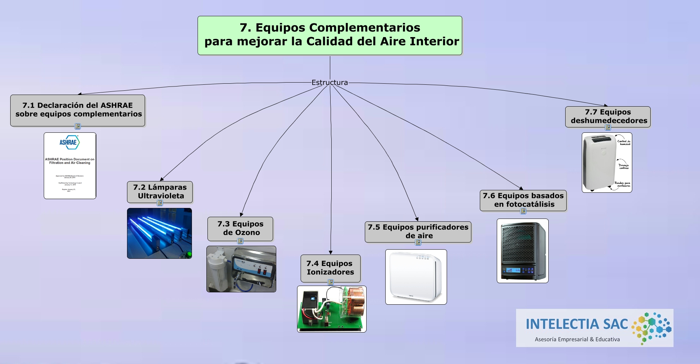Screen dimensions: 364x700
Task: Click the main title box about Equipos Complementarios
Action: click(330, 35)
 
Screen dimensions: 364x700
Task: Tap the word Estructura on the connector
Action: click(330, 83)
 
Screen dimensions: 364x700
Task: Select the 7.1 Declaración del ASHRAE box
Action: click(78, 110)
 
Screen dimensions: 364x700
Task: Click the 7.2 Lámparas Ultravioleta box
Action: click(160, 192)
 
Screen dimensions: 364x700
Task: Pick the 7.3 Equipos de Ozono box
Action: click(240, 228)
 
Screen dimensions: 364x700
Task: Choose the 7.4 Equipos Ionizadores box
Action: click(330, 268)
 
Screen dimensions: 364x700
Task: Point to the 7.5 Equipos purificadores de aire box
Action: click(418, 232)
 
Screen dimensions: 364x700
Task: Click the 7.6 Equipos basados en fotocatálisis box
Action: click(523, 200)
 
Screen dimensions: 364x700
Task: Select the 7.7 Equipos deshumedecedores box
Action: click(608, 117)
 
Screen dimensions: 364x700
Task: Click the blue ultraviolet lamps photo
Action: click(159, 233)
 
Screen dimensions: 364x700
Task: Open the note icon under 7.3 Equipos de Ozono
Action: click(240, 241)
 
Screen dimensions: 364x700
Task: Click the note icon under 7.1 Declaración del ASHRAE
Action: click(78, 126)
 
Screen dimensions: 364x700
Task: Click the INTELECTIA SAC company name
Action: click(577, 324)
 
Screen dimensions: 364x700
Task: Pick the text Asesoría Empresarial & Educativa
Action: click(577, 339)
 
